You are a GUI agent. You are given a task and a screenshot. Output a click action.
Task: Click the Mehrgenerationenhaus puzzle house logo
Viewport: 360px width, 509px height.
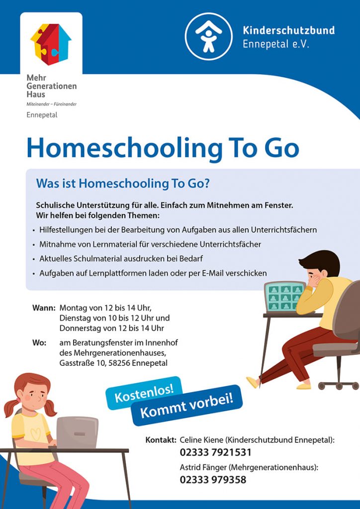point(51,44)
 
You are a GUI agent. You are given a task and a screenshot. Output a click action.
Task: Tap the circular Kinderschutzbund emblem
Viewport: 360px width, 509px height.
point(208,36)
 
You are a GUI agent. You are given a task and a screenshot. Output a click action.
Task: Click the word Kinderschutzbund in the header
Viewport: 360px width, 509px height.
point(288,30)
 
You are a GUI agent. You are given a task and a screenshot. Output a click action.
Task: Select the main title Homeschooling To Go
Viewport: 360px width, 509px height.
point(163,148)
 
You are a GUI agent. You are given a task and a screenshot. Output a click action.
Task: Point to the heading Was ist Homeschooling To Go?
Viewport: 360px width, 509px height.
point(122,183)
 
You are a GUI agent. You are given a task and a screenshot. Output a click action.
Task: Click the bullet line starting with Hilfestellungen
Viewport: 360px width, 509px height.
point(178,230)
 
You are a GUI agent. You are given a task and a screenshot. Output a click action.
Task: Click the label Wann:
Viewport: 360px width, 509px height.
point(44,308)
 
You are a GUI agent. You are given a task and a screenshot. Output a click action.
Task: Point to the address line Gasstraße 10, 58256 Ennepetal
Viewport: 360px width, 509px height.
point(113,363)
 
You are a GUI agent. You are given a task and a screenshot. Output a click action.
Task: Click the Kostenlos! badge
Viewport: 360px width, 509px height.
point(144,393)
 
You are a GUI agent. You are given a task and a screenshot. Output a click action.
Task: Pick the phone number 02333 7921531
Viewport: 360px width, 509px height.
point(215,452)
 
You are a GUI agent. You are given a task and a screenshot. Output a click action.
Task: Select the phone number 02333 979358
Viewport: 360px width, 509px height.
point(213,480)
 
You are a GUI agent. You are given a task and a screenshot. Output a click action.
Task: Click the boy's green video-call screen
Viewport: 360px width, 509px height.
point(285,297)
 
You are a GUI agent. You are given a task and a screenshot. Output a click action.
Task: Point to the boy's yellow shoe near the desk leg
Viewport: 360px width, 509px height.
point(253,382)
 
